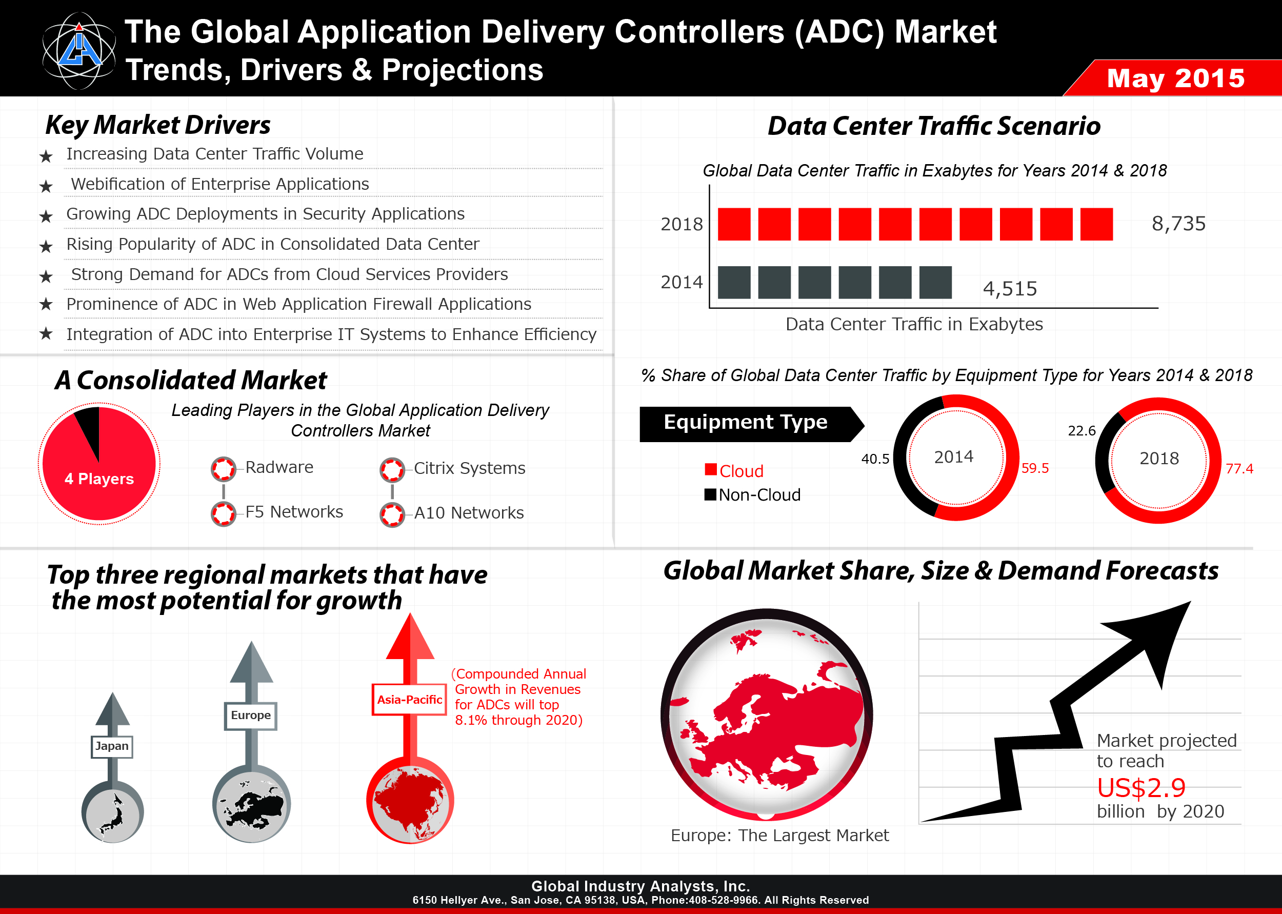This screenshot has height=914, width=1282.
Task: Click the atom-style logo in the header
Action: [79, 51]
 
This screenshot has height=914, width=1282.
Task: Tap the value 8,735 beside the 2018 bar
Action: [1178, 224]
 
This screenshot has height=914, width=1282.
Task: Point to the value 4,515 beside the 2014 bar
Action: [1010, 289]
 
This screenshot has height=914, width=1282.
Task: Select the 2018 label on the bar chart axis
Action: [682, 224]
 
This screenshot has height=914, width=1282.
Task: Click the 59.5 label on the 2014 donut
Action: [1035, 468]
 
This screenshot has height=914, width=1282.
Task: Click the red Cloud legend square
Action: [710, 469]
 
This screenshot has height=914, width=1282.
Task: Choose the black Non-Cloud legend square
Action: [710, 494]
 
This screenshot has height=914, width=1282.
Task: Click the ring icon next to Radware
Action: [223, 469]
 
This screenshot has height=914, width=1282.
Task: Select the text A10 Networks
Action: [469, 513]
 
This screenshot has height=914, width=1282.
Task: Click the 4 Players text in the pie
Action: [99, 479]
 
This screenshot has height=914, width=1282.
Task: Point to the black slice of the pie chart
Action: [89, 429]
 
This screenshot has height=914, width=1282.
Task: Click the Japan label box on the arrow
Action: [112, 746]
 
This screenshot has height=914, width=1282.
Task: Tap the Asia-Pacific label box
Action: [410, 700]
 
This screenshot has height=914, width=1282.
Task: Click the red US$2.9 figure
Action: [1141, 788]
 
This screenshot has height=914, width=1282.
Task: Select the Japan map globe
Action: [112, 811]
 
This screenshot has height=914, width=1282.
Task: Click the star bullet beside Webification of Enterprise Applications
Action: [46, 186]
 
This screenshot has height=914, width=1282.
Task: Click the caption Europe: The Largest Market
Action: [779, 835]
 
